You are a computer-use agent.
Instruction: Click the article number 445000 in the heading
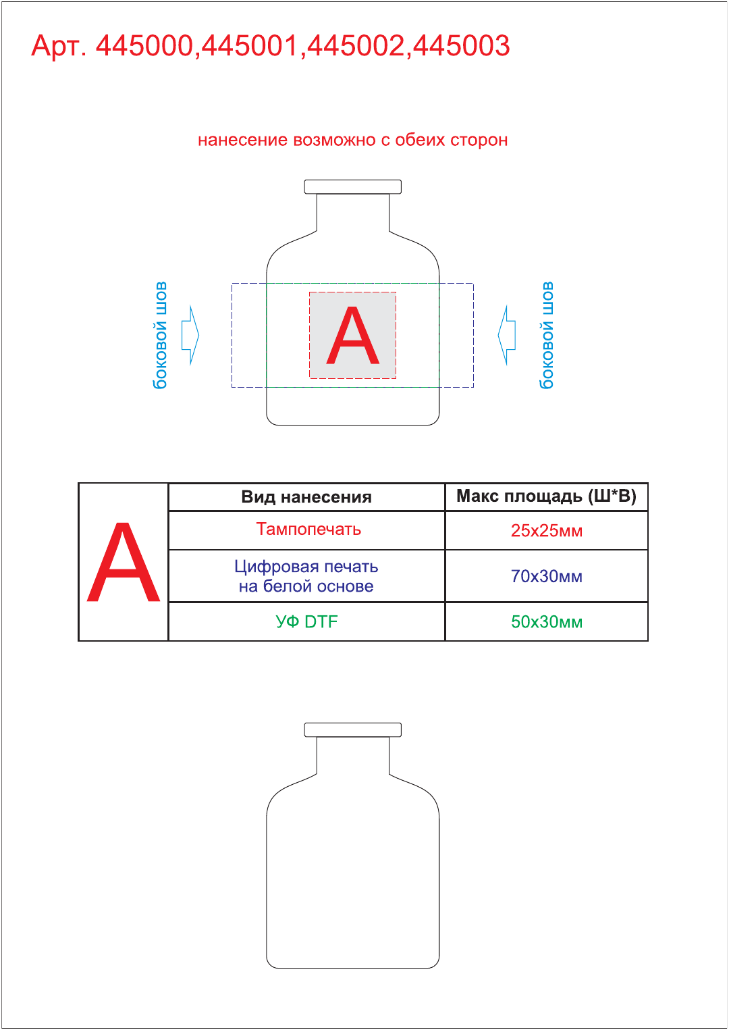tap(144, 45)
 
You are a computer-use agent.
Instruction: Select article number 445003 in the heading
tap(461, 45)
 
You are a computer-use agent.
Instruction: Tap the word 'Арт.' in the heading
tap(59, 47)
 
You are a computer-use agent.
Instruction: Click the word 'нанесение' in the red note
tap(243, 140)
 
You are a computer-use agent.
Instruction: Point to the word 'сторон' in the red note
tap(479, 140)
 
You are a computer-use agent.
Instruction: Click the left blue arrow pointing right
tap(190, 335)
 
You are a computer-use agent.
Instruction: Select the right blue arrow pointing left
tap(506, 335)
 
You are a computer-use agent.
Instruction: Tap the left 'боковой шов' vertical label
tap(160, 335)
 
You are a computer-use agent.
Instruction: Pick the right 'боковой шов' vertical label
tap(546, 335)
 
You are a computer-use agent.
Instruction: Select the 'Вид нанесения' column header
tap(306, 497)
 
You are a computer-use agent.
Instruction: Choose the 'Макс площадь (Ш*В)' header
tap(546, 496)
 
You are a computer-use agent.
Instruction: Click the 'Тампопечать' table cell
tap(308, 530)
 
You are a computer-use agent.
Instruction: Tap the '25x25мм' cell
tap(547, 531)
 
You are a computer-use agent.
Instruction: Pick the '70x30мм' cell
tap(547, 576)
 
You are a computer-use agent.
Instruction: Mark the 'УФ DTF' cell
tap(306, 621)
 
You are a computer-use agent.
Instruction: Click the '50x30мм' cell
tap(547, 621)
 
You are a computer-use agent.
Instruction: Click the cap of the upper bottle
tap(352, 186)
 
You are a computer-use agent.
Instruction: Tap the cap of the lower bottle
tap(352, 729)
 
